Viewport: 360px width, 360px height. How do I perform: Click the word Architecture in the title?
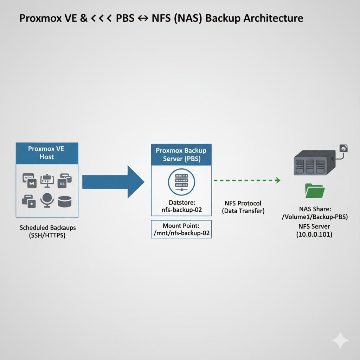(x=272, y=18)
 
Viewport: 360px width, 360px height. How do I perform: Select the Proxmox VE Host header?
(x=47, y=153)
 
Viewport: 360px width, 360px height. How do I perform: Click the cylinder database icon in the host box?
(x=65, y=201)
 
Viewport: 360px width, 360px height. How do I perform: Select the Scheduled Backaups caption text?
(x=47, y=228)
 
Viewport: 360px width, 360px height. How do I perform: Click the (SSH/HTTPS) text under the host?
(x=47, y=236)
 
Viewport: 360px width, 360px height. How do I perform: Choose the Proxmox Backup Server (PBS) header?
(x=181, y=155)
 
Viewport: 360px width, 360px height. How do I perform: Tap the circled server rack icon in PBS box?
(x=181, y=182)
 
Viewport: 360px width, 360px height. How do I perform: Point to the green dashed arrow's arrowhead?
(x=278, y=180)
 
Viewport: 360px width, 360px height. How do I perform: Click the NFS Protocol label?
(x=243, y=204)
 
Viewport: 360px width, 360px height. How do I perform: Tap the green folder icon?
(x=315, y=191)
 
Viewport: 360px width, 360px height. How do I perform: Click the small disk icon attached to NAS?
(x=343, y=148)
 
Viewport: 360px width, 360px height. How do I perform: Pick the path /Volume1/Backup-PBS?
(x=315, y=217)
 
